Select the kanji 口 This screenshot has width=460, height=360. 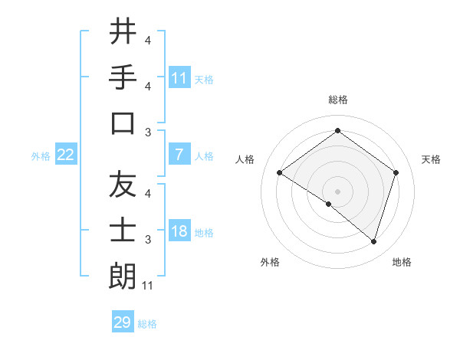point(123,123)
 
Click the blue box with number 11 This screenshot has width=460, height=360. point(179,77)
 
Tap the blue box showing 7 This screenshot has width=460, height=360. point(179,155)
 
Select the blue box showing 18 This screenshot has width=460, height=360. point(179,231)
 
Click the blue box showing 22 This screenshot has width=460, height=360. point(66,155)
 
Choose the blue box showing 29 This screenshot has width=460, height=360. point(123,322)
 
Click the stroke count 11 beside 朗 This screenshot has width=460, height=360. point(149,286)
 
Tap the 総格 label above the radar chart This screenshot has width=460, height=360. point(337,100)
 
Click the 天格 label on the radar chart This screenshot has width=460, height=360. point(432,159)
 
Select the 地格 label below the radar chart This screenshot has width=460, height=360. point(402,262)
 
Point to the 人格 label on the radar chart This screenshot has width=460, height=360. point(245,159)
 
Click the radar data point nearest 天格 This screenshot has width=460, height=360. point(396,173)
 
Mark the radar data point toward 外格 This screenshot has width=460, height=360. point(329,204)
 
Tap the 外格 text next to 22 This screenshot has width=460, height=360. point(41,155)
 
